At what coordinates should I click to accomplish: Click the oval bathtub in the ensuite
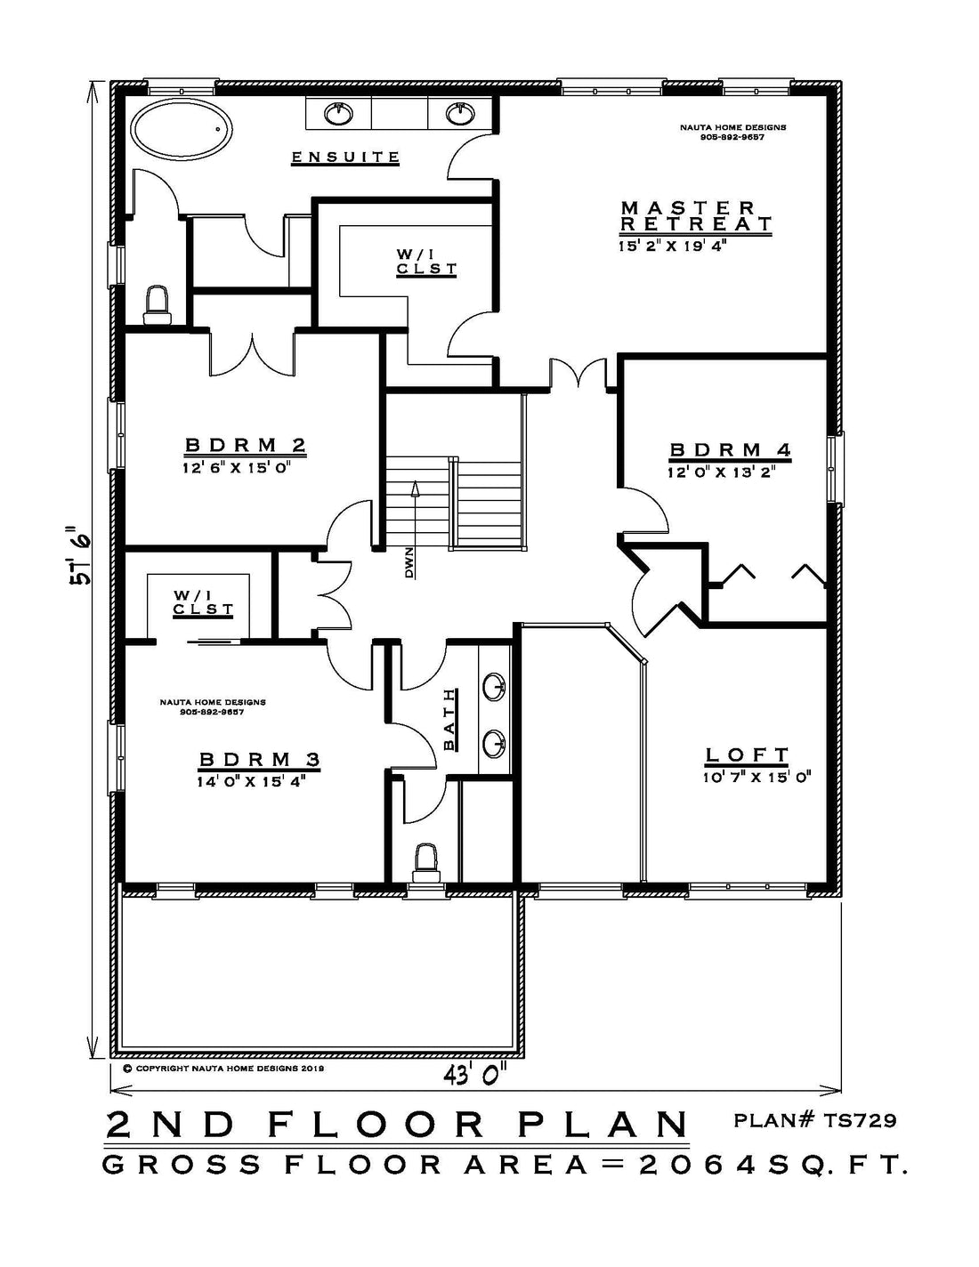182,129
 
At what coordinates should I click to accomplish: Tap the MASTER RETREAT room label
696,216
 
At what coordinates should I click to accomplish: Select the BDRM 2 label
246,446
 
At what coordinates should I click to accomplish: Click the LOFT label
747,755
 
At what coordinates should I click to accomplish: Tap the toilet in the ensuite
157,305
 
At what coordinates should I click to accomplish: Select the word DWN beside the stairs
410,562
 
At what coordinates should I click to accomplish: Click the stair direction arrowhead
415,488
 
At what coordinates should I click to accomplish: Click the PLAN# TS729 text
814,1120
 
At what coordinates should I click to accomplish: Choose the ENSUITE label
346,157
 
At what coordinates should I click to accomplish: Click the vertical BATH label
449,720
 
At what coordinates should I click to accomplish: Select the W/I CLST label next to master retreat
426,262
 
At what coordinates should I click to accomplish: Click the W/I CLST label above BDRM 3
204,602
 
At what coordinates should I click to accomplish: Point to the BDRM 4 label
730,450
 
